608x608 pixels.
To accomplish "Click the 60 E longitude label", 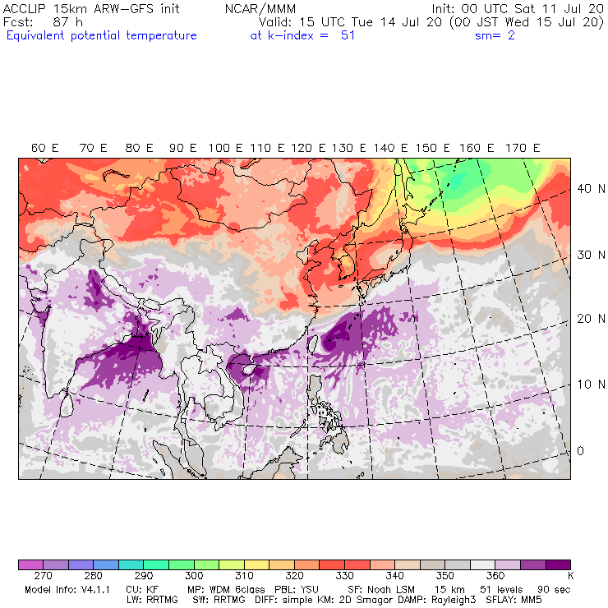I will click(x=45, y=148).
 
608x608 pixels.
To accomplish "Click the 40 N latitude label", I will click(x=585, y=188).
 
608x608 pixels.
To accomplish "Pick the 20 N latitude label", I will click(x=585, y=320).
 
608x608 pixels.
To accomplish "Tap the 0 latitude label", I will click(x=580, y=451).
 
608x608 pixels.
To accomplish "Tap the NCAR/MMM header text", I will click(x=260, y=8).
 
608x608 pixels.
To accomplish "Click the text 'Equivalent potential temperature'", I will click(x=102, y=35).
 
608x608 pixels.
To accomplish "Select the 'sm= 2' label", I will click(x=495, y=35).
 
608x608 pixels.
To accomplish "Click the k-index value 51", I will click(x=348, y=35).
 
